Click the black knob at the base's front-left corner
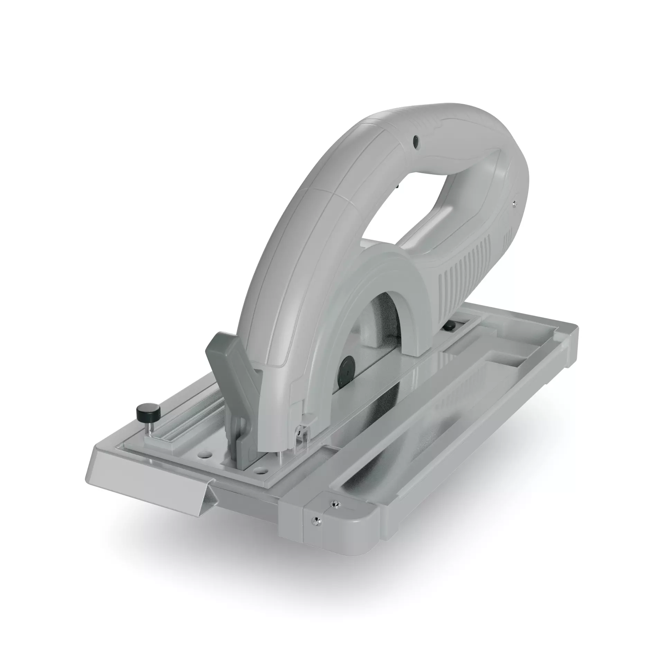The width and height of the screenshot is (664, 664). click(x=149, y=411)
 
